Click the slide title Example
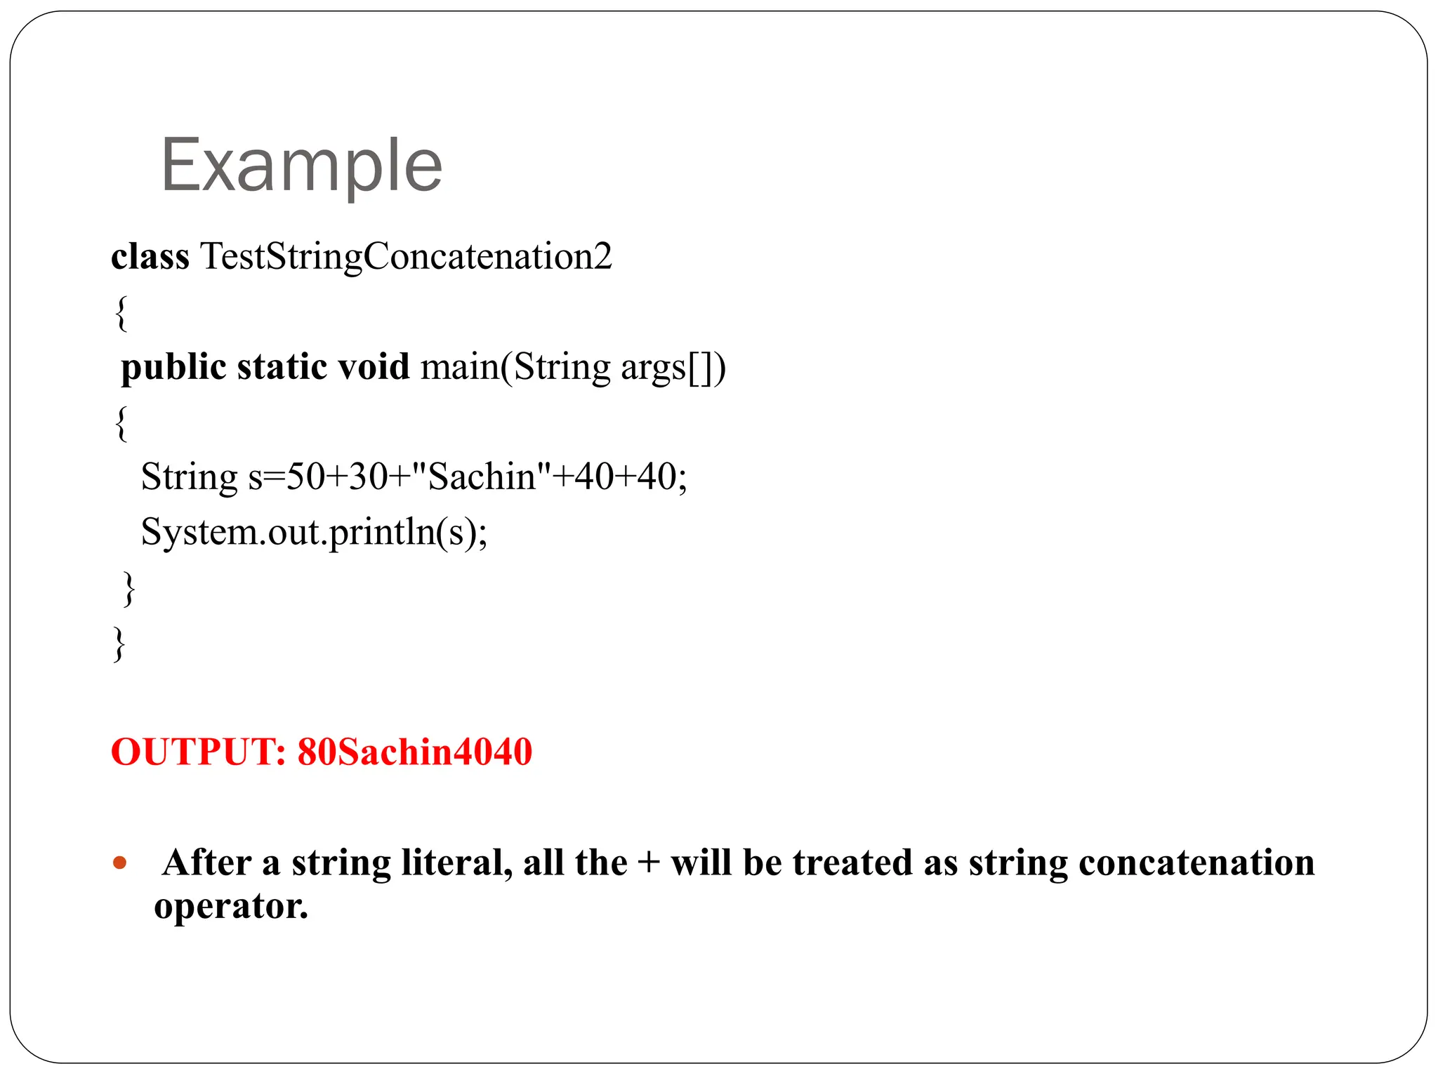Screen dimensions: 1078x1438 coord(302,166)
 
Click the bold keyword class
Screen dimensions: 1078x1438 coord(150,257)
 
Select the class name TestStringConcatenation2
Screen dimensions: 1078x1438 coord(406,257)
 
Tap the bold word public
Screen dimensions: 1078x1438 coord(173,368)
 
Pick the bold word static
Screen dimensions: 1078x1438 coord(282,368)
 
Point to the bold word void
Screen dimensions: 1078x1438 coord(374,368)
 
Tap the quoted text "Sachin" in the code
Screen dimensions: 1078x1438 coord(482,477)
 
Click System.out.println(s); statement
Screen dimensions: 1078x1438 coord(314,532)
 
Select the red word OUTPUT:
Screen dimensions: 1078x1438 coord(198,752)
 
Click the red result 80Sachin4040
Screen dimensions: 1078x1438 coord(414,752)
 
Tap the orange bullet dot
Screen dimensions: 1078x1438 coord(120,863)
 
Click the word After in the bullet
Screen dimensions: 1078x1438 coord(206,863)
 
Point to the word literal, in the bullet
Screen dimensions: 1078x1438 coord(456,863)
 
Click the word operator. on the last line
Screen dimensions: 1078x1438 coord(231,906)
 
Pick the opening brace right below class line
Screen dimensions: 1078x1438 coord(121,313)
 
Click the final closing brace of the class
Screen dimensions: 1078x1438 coord(119,644)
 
